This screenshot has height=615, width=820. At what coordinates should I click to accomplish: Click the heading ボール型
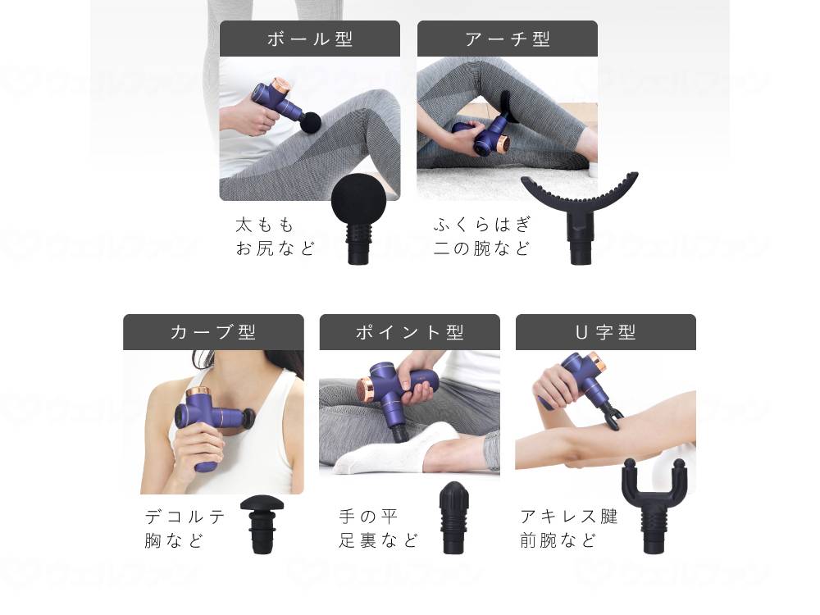(310, 39)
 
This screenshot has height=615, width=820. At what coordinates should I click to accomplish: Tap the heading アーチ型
(508, 39)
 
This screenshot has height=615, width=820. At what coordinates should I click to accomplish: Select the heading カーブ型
(213, 332)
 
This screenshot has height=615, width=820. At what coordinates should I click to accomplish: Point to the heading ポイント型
(409, 332)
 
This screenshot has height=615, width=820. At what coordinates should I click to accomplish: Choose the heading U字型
(606, 332)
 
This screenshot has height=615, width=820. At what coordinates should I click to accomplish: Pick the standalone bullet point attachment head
(453, 517)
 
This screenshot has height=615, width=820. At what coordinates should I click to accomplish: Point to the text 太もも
(265, 225)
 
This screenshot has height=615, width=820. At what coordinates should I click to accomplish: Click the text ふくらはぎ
(483, 225)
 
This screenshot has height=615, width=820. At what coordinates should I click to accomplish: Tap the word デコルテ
(185, 517)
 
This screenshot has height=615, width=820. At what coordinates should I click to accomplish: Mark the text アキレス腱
(569, 517)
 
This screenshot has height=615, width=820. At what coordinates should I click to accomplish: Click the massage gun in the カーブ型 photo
(200, 418)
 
